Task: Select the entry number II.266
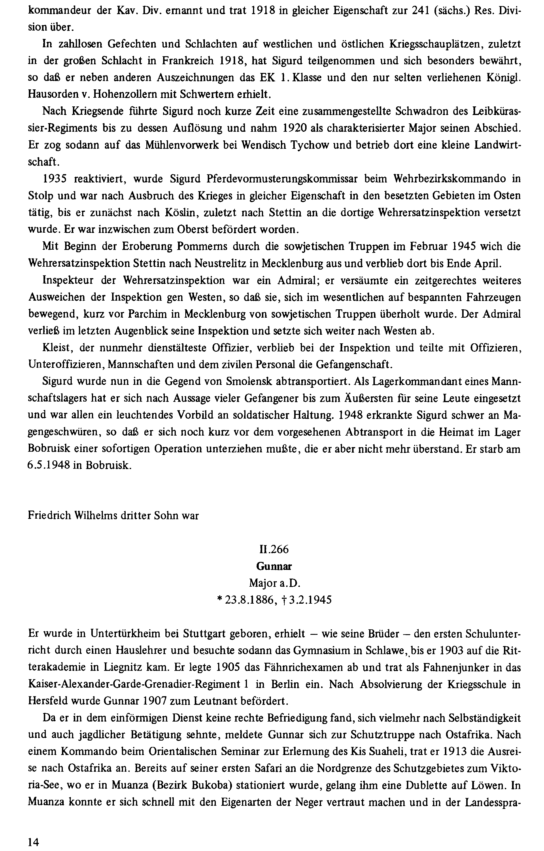pyautogui.click(x=274, y=549)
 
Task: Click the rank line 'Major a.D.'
pyautogui.click(x=274, y=583)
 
